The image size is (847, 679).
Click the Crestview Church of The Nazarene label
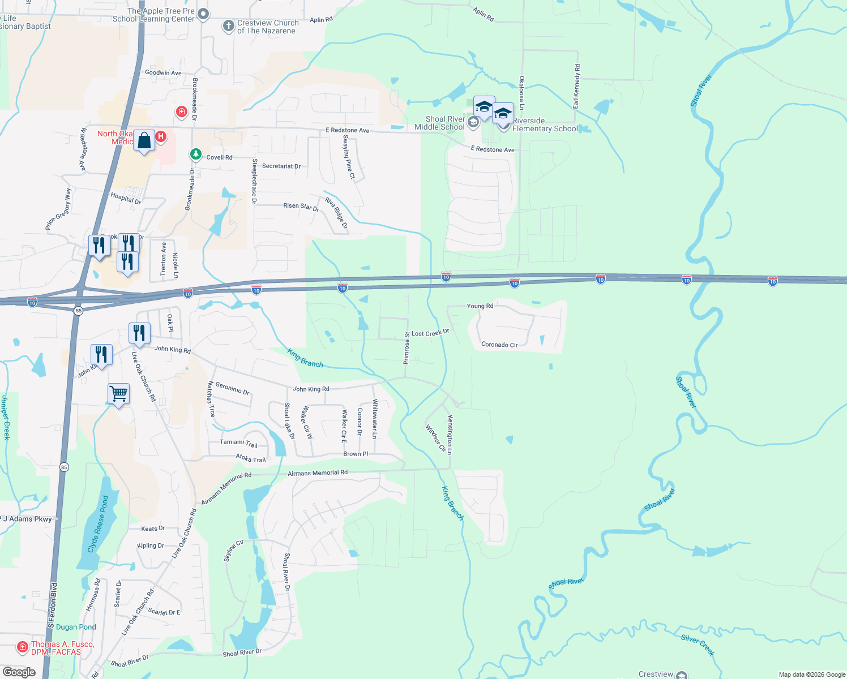(x=267, y=27)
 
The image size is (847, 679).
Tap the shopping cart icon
(x=119, y=393)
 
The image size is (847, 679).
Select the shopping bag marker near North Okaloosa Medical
(x=144, y=141)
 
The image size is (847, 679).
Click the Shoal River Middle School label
(x=439, y=123)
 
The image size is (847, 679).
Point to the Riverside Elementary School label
(x=545, y=124)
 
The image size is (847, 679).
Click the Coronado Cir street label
(x=499, y=345)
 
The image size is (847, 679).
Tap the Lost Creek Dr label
(x=430, y=333)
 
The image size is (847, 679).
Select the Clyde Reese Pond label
(x=97, y=525)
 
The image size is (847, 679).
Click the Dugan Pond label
(x=76, y=627)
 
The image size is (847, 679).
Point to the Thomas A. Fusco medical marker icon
(x=22, y=646)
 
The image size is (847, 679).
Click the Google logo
(x=19, y=672)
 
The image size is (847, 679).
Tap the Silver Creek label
(x=698, y=645)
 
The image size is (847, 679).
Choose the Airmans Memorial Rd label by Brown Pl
(x=318, y=473)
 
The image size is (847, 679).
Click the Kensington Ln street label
(x=450, y=435)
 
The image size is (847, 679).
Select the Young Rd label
(x=480, y=306)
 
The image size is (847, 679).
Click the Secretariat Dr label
(x=281, y=166)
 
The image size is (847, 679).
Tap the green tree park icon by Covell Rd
(x=195, y=154)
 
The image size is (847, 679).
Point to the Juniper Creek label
(x=6, y=418)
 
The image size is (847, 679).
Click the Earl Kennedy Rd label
(x=576, y=87)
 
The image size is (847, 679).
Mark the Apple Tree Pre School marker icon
(x=203, y=14)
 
